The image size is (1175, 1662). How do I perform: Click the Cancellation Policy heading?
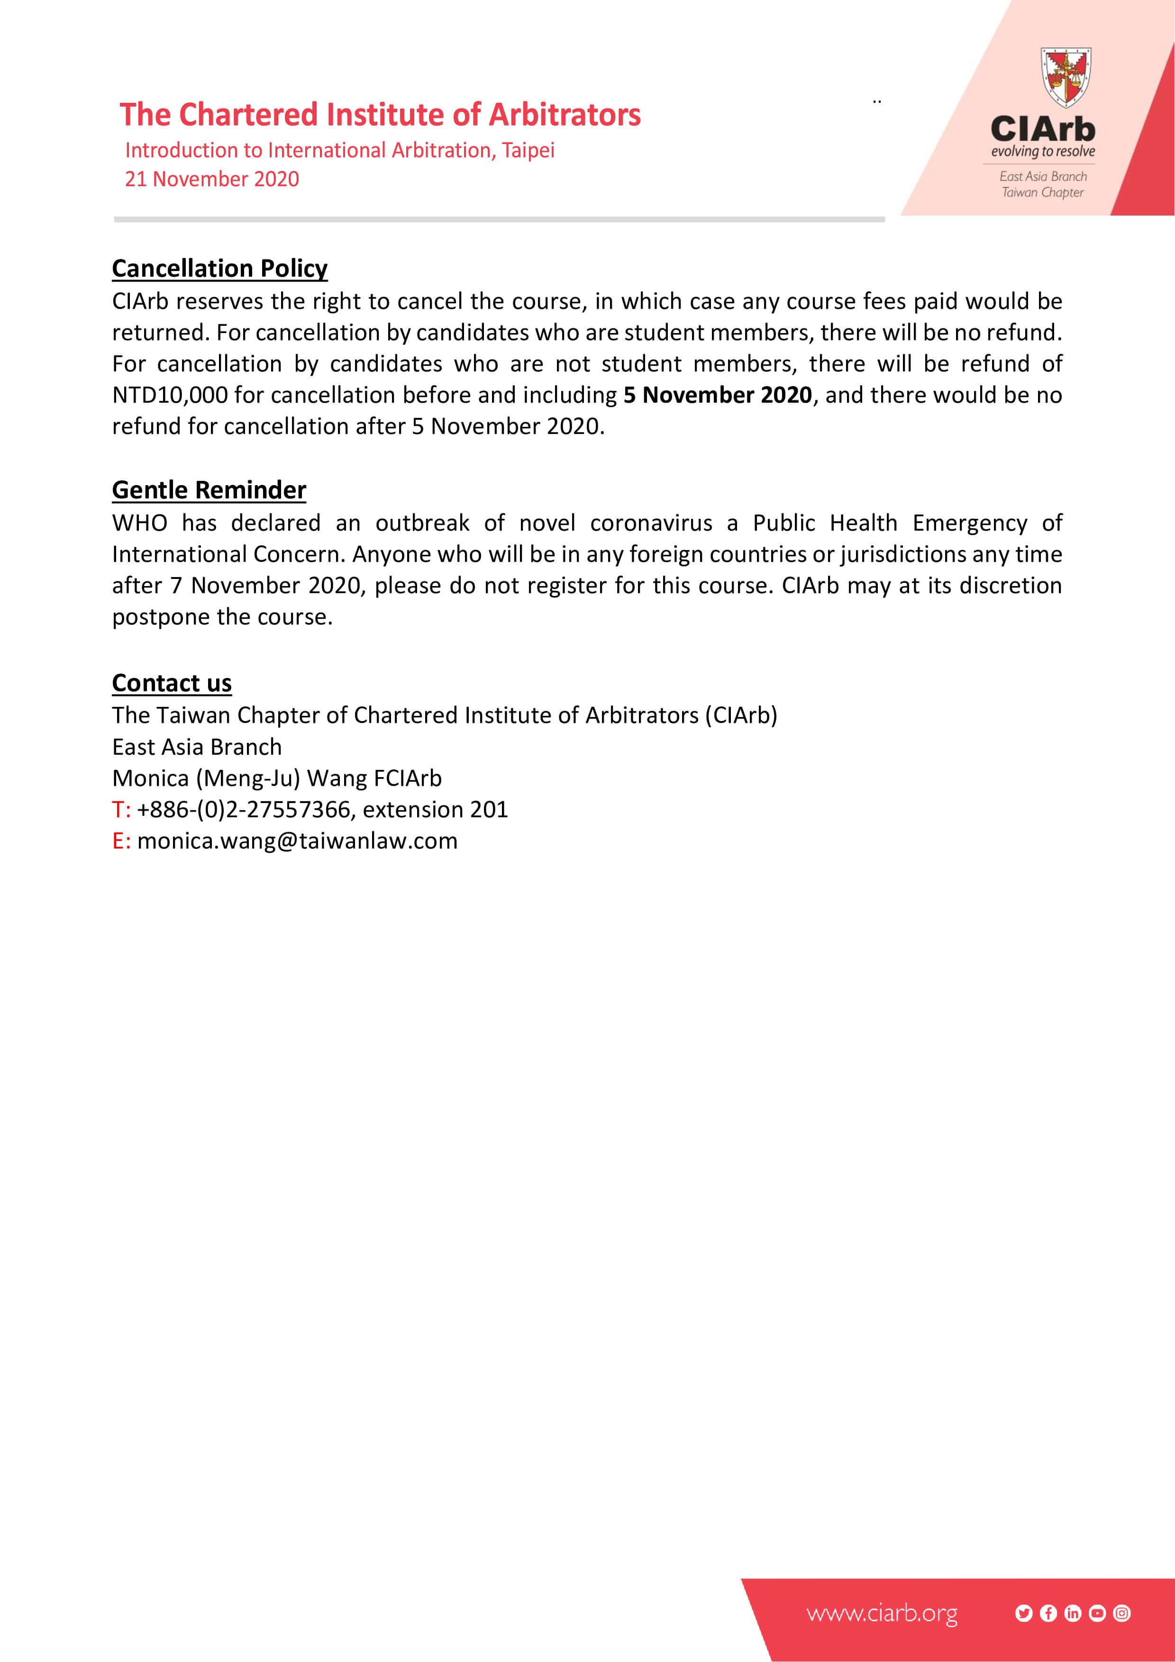click(219, 269)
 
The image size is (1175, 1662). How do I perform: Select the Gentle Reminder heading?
click(209, 490)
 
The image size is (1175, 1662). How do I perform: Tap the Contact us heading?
click(172, 683)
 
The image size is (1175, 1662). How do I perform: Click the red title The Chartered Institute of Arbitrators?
click(380, 114)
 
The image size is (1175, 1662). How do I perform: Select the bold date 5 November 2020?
click(718, 395)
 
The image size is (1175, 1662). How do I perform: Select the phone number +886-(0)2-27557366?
click(243, 809)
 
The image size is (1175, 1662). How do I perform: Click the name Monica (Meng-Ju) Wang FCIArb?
click(276, 778)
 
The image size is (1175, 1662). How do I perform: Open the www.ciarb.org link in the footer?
click(881, 1614)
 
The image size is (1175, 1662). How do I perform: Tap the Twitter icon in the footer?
click(1023, 1614)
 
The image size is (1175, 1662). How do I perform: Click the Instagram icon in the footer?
click(1121, 1614)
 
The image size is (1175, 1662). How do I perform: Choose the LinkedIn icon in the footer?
click(1072, 1614)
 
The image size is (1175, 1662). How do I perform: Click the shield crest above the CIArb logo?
click(1066, 77)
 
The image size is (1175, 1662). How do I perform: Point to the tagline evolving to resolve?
click(1042, 151)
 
